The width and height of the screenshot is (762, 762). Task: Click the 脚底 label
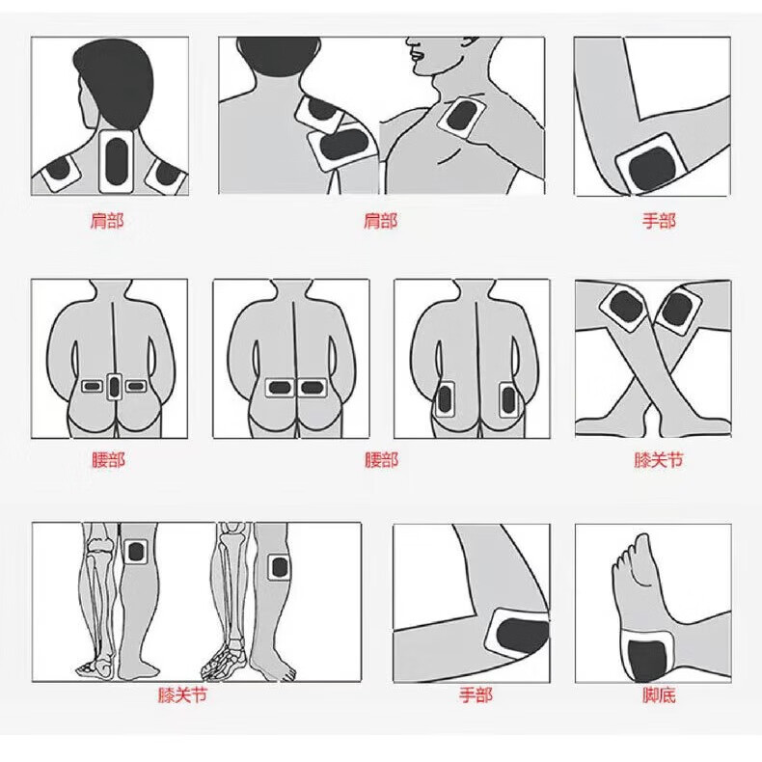[659, 694]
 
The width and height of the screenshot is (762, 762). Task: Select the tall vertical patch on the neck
[116, 161]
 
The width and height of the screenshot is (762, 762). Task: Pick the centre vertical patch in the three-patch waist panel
[114, 387]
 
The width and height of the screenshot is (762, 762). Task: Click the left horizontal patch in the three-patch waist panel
[92, 387]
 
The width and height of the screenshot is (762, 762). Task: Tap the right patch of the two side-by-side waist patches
[312, 388]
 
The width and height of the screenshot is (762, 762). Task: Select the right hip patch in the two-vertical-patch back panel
[507, 400]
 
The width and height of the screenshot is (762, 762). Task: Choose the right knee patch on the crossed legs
[678, 309]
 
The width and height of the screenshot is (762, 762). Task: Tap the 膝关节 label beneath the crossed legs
[659, 459]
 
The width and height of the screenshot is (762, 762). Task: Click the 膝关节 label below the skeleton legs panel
[182, 694]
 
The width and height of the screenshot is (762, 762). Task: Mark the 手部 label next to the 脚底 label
[476, 694]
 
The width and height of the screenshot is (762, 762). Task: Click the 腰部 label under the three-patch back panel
[108, 460]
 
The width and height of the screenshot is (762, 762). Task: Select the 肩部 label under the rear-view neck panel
[107, 221]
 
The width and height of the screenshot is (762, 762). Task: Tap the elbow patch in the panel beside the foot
[519, 633]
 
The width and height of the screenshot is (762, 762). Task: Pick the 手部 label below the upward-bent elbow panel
[659, 221]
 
